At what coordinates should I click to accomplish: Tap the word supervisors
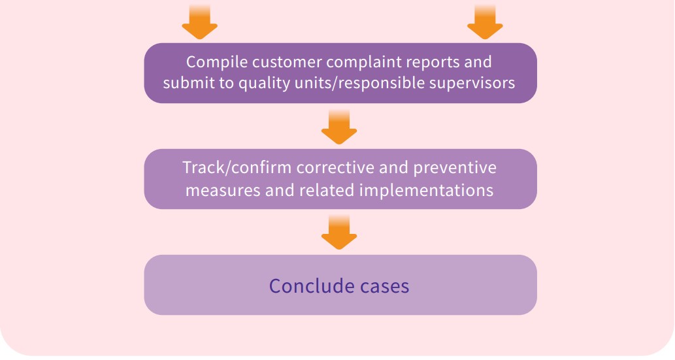tap(476, 84)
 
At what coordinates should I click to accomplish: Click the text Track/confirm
tap(237, 169)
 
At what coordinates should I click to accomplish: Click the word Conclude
tap(303, 286)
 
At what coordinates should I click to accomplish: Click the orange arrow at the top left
tap(199, 23)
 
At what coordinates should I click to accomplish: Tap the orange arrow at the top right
tap(485, 23)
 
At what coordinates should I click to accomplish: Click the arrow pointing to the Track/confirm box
tap(339, 127)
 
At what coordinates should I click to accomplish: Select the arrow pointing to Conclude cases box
tap(339, 233)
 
